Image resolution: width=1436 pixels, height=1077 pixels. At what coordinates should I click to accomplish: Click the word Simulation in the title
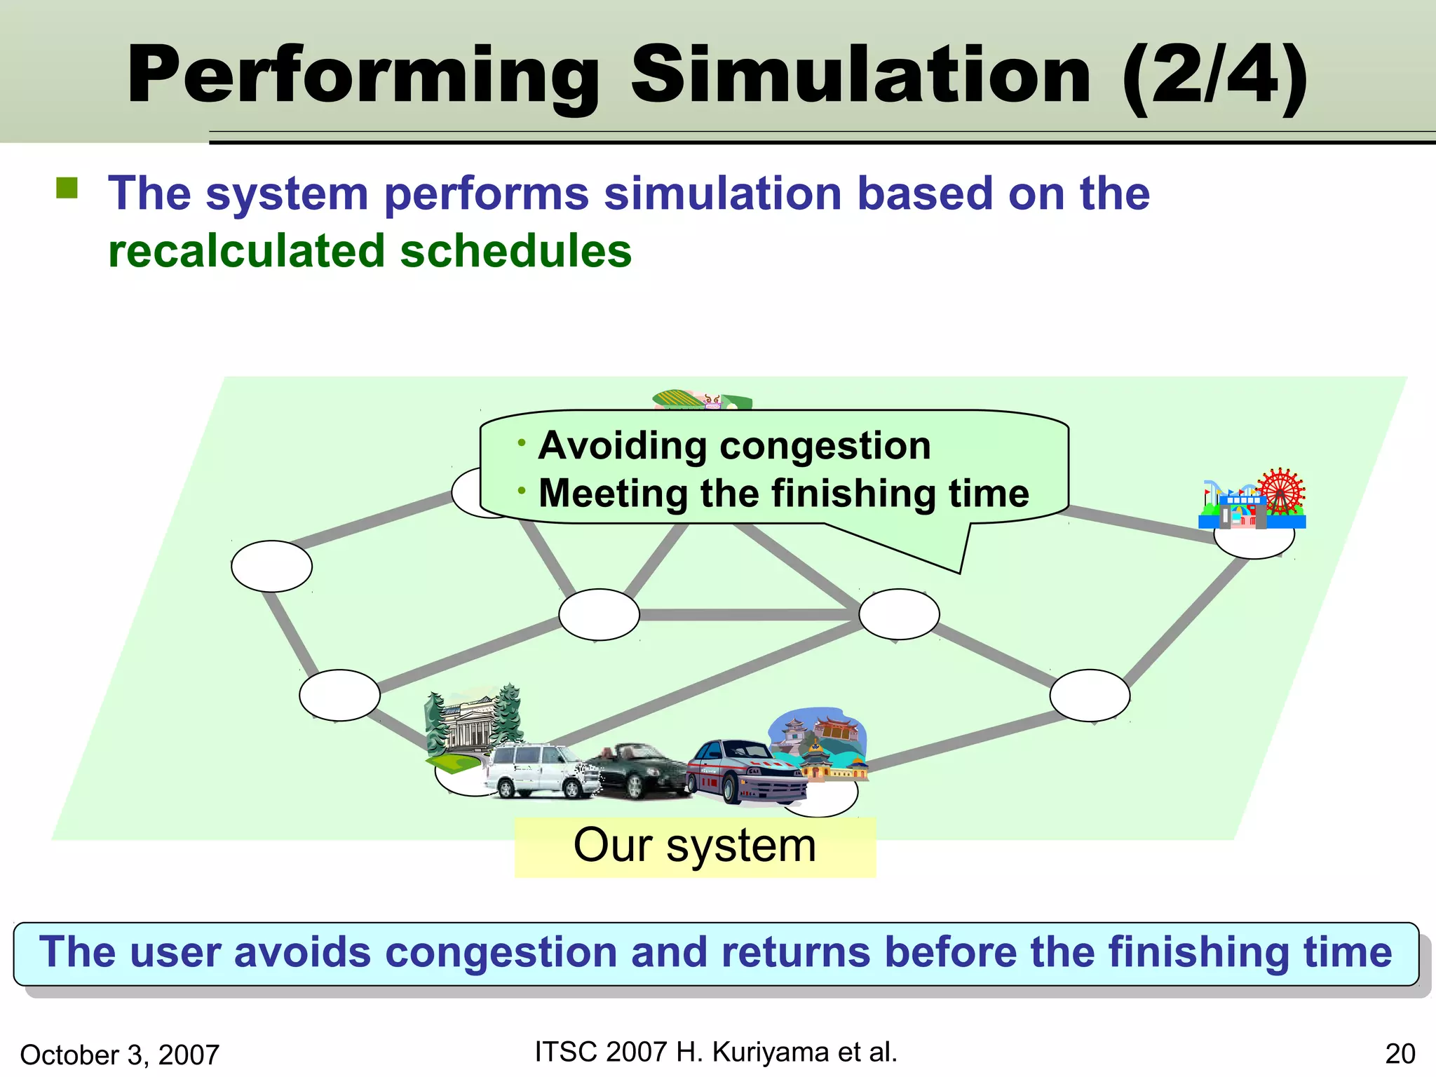(x=861, y=75)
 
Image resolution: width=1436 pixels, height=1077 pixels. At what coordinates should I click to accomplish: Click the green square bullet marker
(x=67, y=188)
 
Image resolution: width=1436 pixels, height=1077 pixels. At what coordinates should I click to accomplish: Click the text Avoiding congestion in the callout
(x=734, y=446)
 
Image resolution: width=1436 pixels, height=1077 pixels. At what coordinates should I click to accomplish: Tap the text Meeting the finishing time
(x=783, y=494)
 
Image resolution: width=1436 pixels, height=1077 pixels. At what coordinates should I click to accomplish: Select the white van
(x=540, y=771)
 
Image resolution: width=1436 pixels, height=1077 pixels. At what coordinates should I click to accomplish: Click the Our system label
(x=694, y=846)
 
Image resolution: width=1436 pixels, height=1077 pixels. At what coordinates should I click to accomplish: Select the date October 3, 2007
(x=120, y=1055)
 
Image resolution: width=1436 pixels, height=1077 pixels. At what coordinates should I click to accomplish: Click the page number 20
(x=1400, y=1054)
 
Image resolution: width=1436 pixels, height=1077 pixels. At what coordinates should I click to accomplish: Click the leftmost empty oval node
(x=271, y=566)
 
